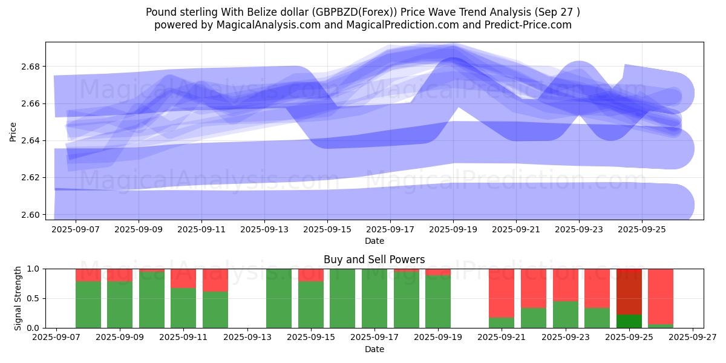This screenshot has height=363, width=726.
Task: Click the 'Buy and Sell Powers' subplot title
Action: point(374,260)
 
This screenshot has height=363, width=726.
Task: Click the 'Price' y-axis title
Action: point(13,131)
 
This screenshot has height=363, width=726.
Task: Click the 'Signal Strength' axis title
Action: point(18,298)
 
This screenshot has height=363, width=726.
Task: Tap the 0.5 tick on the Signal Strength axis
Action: point(32,298)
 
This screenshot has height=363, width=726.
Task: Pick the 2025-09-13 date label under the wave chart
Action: point(264,230)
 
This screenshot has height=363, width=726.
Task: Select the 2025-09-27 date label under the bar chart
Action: point(693,338)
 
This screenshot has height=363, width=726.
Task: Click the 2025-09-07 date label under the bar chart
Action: point(56,338)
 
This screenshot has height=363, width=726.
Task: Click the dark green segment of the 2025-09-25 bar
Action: point(629,321)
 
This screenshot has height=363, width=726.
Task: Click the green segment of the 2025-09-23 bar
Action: point(566,315)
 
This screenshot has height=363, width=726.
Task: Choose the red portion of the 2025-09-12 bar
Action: point(215,280)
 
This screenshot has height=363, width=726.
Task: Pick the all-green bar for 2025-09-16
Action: point(342,298)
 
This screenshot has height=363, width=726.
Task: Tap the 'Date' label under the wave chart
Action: point(374,241)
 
